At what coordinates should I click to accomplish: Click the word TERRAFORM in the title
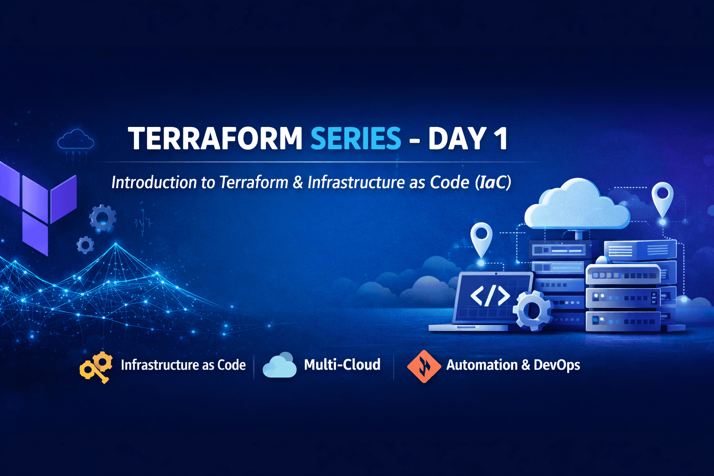pos(215,139)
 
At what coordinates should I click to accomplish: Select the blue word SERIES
pos(356,139)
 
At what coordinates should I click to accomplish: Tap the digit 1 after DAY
pos(501,139)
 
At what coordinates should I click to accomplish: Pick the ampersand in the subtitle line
pos(297,182)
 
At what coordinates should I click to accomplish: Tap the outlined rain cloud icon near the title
pos(75,140)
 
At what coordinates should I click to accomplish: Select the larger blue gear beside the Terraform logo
pos(103,217)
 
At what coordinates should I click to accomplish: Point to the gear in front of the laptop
pos(533,311)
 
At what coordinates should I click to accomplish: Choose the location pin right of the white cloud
pos(662,198)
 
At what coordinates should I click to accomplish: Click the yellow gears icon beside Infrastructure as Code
pos(97,366)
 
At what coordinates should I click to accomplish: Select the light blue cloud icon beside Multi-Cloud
pos(280,365)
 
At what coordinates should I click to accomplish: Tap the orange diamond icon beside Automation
pos(423,366)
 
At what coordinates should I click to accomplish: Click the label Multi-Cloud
pos(342,364)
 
